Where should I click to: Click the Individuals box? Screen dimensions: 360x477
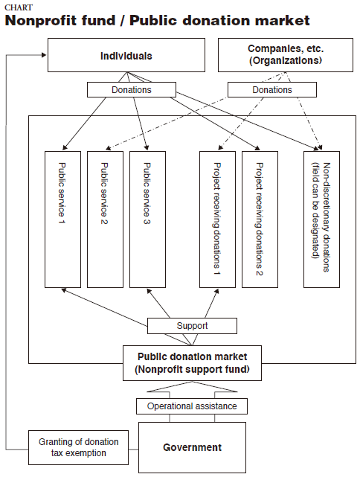pos(126,55)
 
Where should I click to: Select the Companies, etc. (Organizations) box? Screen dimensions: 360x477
pos(286,55)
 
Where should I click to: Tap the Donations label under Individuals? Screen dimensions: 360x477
pos(132,90)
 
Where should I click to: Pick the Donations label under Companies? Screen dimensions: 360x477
pos(272,90)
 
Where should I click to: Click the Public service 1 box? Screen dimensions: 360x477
pos(62,220)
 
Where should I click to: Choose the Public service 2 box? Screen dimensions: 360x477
pos(105,220)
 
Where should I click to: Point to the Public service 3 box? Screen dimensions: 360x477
pos(147,220)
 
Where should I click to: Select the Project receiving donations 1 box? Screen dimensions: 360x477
pos(217,220)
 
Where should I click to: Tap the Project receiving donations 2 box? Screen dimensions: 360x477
pos(260,220)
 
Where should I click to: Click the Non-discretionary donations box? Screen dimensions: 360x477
pos(321,220)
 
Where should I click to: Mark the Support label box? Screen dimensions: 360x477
pos(192,326)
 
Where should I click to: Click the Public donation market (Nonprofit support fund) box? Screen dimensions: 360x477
pos(192,363)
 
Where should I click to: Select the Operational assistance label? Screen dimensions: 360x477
pos(192,406)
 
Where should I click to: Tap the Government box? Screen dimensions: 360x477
pos(192,447)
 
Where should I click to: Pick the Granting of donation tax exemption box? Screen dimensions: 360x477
pos(78,447)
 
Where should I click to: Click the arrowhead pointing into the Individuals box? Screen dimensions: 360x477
pos(44,55)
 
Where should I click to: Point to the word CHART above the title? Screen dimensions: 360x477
pos(19,7)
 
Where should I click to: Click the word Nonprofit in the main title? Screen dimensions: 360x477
pos(60,21)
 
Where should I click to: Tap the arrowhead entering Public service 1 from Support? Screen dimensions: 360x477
pos(64,290)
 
